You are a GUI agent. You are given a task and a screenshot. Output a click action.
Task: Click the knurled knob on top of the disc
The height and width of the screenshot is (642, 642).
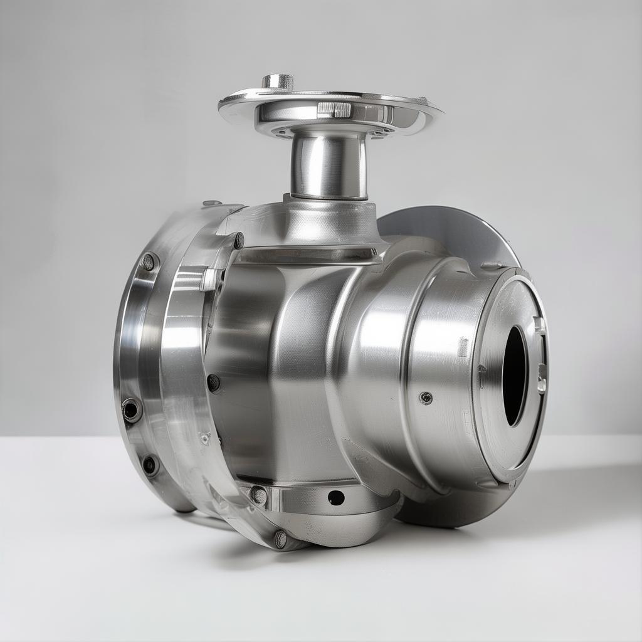click(277, 82)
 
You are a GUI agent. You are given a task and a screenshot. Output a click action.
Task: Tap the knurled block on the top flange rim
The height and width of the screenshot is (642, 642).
click(334, 110)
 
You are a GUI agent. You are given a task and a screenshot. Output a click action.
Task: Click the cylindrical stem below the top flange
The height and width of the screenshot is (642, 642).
click(329, 166)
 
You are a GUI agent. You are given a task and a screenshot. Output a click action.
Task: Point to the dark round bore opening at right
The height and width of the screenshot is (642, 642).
click(515, 376)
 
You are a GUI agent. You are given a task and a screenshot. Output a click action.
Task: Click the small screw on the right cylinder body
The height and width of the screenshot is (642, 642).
click(426, 397)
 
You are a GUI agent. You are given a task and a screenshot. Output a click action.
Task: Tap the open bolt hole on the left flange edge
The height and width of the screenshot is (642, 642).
click(132, 409)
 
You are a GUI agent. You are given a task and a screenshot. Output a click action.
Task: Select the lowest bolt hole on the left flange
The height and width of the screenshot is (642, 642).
click(150, 465)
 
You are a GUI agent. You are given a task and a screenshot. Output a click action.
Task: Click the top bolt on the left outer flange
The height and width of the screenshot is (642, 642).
click(148, 261)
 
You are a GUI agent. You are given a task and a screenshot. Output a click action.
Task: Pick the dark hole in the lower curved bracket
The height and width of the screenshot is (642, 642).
click(336, 498)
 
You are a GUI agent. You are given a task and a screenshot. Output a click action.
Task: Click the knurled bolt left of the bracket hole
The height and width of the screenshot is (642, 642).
click(258, 495)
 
